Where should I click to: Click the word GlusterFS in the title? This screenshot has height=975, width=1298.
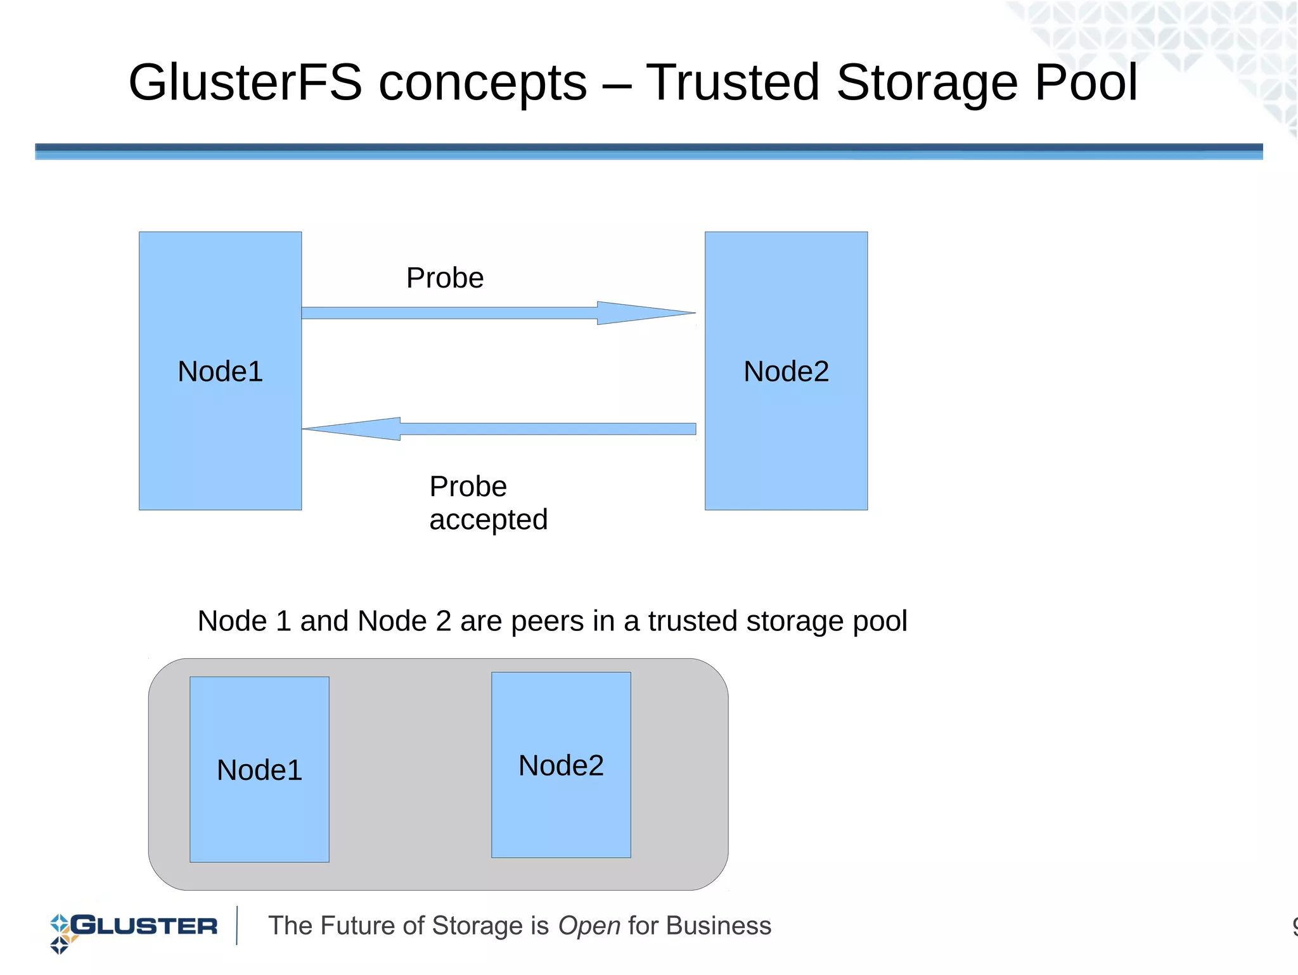point(245,83)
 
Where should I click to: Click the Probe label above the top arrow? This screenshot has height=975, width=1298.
point(445,278)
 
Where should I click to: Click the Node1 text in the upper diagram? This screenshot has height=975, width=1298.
point(220,371)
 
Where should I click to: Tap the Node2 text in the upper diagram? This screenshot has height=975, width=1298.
point(786,371)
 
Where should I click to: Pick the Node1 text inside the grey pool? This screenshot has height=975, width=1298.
point(259,770)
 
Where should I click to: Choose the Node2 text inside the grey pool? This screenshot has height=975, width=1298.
point(561,766)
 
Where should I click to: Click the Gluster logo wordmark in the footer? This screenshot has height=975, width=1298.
point(145,926)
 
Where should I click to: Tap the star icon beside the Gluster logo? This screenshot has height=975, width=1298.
point(60,933)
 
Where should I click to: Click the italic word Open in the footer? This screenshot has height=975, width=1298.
point(589,926)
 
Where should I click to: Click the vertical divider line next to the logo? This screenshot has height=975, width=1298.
point(237,926)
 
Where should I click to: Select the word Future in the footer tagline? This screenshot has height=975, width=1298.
point(362,926)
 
